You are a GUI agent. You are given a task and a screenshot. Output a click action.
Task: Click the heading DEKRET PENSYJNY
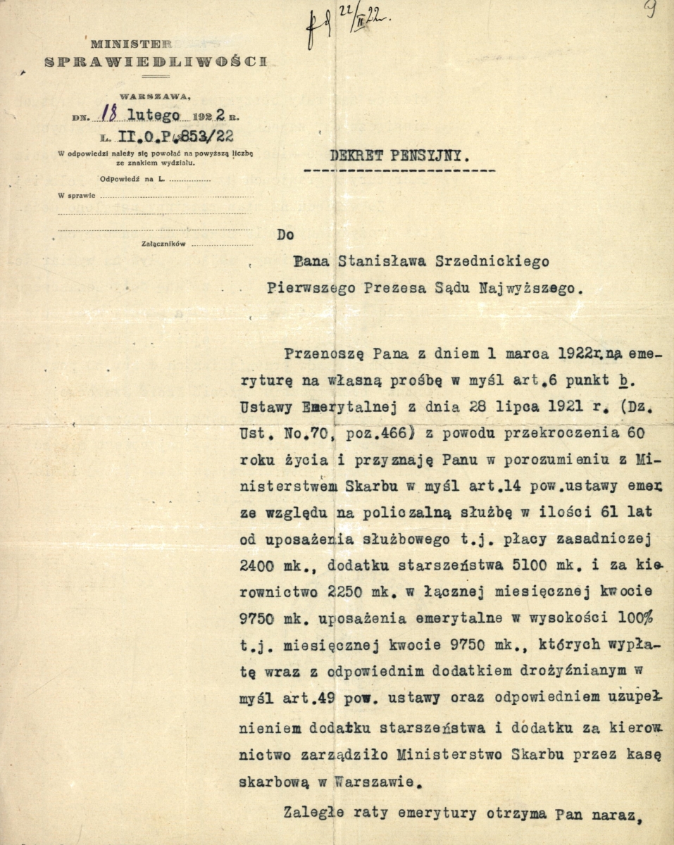(399, 156)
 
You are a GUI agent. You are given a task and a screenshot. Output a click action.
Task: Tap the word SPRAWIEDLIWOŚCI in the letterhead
(155, 61)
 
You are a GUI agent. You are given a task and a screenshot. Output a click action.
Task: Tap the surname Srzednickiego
(483, 262)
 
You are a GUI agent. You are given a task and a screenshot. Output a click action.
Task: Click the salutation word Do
(285, 235)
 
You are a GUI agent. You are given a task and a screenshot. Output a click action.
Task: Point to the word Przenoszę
(315, 352)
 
